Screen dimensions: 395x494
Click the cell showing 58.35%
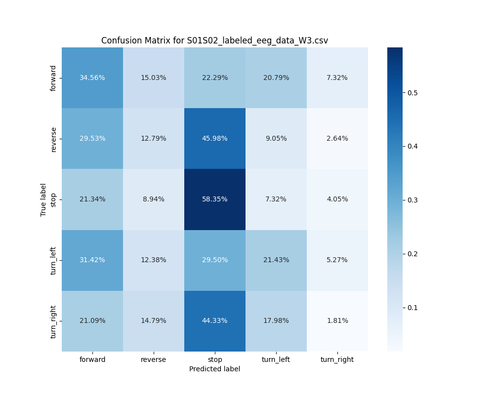(x=215, y=199)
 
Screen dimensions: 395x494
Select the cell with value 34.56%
(x=92, y=78)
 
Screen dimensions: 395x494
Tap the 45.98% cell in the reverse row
(x=215, y=139)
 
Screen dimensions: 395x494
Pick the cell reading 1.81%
(x=337, y=321)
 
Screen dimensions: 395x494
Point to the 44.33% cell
(x=215, y=321)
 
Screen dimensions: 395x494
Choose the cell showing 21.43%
(x=276, y=260)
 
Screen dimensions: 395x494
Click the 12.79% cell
(x=154, y=139)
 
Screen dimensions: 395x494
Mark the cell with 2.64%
(x=337, y=139)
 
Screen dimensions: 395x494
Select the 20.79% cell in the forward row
(x=276, y=78)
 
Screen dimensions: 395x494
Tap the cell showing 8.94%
(x=154, y=199)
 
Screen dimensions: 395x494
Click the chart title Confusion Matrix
(x=214, y=41)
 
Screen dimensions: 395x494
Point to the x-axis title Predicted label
(x=214, y=369)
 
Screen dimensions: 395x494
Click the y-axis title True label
(x=43, y=199)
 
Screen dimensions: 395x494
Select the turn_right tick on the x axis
(x=337, y=359)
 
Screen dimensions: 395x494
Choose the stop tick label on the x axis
(x=215, y=359)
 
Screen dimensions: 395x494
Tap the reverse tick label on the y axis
(x=54, y=139)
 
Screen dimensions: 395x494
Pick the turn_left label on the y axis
(x=54, y=260)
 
